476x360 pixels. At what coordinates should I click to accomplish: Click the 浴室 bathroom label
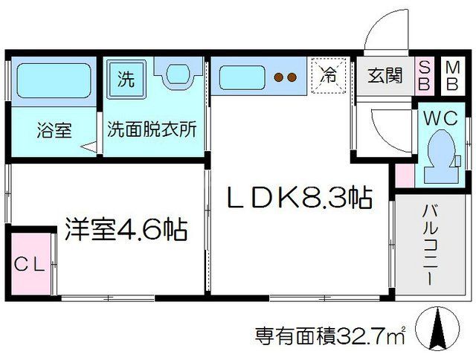click(x=54, y=129)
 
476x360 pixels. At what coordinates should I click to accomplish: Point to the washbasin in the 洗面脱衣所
click(x=178, y=73)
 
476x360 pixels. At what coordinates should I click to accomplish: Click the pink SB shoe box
click(x=424, y=75)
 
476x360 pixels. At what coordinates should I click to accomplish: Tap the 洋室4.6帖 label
click(x=125, y=228)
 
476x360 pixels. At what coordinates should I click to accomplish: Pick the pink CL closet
click(x=30, y=264)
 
